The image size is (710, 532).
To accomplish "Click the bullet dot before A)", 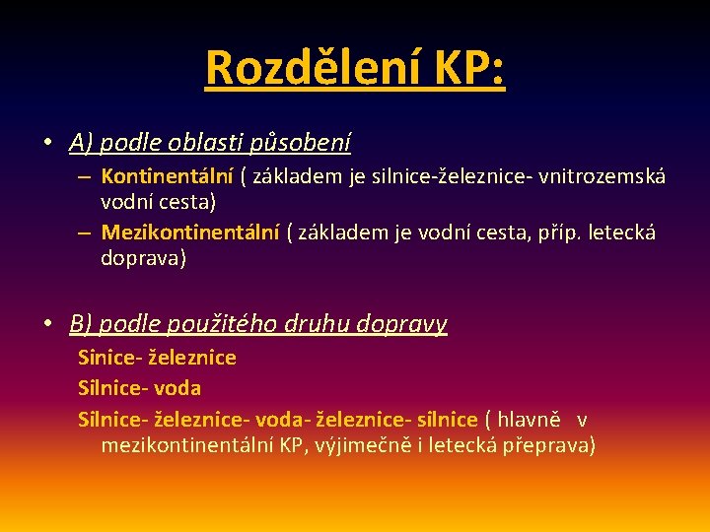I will pos(47,143).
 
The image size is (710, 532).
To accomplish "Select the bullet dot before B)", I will pos(47,323).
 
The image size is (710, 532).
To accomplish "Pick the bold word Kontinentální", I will pos(166,177).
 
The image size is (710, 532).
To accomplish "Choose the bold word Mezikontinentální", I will pos(189,233).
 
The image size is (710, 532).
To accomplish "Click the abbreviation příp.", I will pos(565,233).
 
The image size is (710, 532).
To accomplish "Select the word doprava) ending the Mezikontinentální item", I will pos(143,258).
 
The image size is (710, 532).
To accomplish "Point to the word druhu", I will pos(318,323).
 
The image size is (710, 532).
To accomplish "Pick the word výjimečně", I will pos(363,445).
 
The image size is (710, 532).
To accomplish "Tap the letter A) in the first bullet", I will pos(81,144).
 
